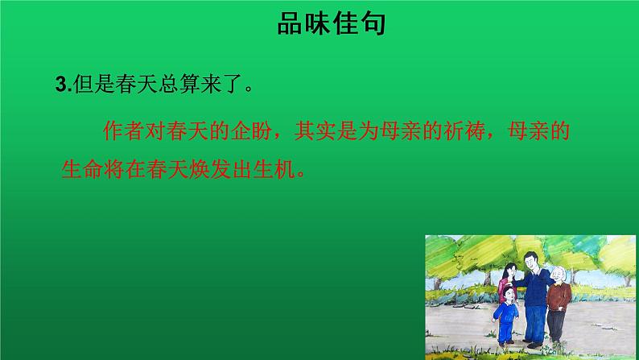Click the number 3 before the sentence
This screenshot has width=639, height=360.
[60, 84]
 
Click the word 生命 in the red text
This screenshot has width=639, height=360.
[80, 171]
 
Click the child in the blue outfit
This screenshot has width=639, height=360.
[507, 318]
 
